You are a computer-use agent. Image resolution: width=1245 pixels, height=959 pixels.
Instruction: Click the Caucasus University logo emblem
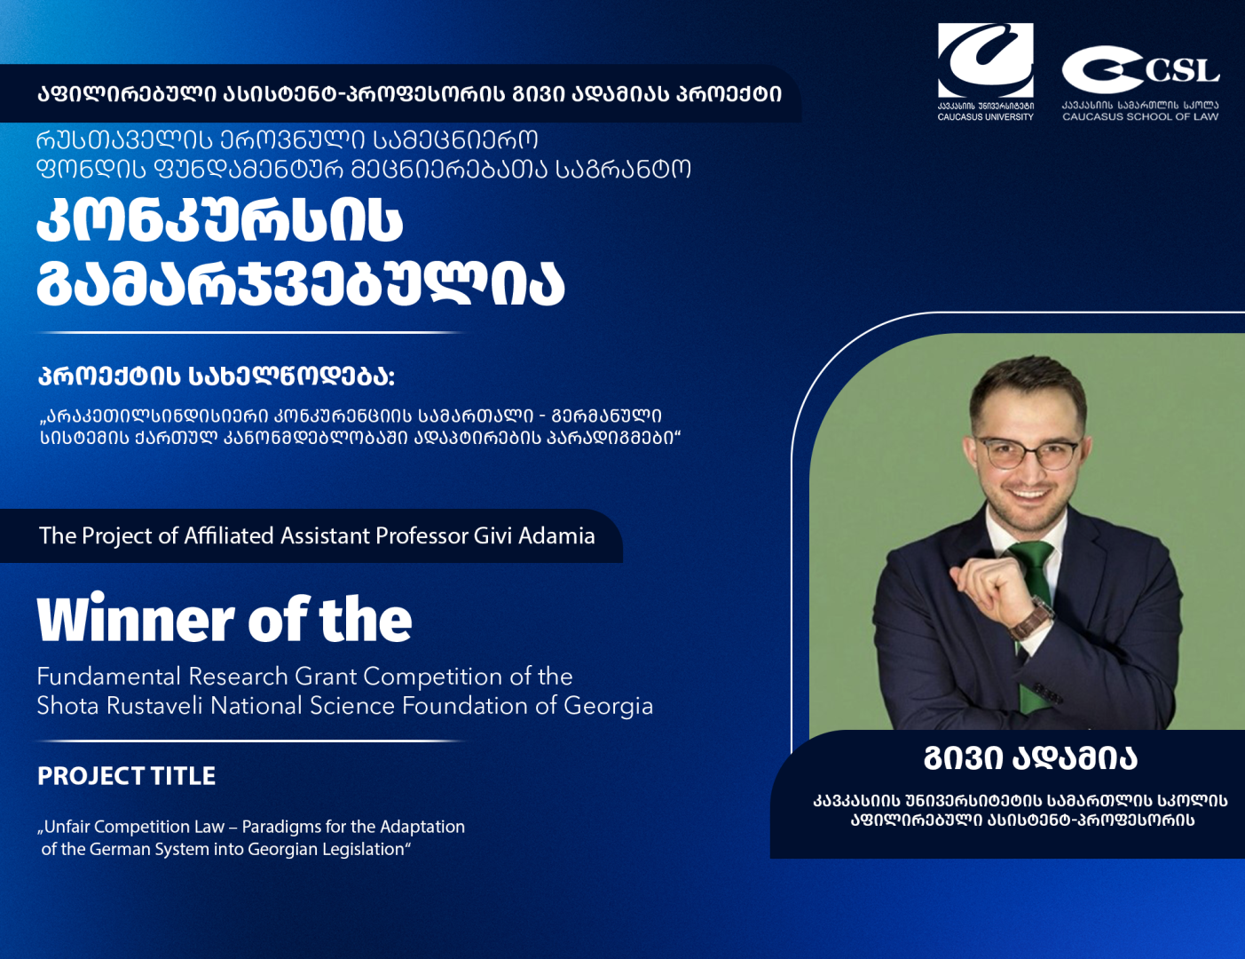click(x=985, y=59)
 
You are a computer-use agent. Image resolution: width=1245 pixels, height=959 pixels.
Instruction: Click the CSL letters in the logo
click(x=1181, y=71)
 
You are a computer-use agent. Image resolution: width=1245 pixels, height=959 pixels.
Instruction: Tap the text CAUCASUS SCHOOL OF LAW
click(x=1140, y=116)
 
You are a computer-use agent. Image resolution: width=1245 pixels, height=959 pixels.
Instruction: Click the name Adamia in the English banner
click(x=556, y=536)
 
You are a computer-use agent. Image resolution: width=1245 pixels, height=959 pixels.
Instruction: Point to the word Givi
click(x=492, y=536)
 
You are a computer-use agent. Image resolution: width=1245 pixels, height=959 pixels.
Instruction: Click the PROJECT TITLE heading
click(x=126, y=776)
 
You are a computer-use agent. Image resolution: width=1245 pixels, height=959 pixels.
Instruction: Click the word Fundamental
click(x=108, y=677)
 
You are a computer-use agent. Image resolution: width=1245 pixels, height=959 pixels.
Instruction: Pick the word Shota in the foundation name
click(x=65, y=706)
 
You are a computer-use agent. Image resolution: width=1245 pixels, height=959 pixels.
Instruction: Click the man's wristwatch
click(x=1032, y=619)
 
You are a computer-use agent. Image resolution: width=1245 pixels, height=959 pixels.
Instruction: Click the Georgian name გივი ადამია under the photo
click(x=1029, y=758)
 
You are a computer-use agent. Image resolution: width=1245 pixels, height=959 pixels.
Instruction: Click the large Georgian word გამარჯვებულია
click(x=300, y=284)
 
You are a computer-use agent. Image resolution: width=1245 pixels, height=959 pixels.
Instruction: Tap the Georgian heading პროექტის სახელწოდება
click(x=216, y=376)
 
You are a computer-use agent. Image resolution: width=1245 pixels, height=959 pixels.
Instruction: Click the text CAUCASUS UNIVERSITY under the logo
click(x=985, y=117)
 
